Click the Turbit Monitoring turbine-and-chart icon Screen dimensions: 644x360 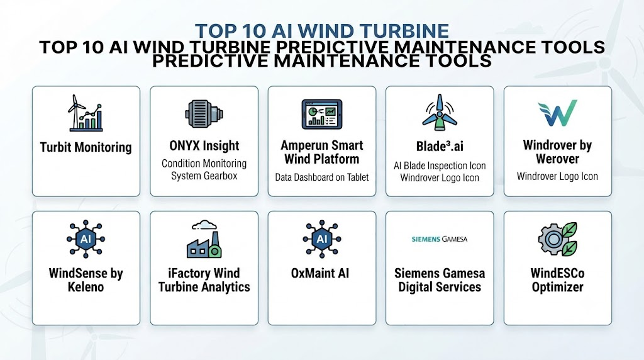[x=86, y=113]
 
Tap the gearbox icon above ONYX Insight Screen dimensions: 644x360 [x=204, y=114]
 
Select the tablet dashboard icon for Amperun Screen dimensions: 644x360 [x=321, y=115]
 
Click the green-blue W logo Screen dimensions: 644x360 [x=557, y=113]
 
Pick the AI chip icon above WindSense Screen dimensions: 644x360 [x=86, y=239]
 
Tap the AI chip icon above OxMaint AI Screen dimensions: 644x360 [x=321, y=239]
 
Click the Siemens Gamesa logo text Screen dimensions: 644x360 [x=440, y=239]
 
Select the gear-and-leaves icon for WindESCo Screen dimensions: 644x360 [x=557, y=239]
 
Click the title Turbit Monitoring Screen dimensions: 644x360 [x=86, y=147]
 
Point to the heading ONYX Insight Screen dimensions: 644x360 [x=204, y=145]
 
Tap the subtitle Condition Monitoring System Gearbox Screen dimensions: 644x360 [x=204, y=169]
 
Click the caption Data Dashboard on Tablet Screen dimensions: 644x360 [x=321, y=177]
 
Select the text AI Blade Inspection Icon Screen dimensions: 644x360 [x=440, y=166]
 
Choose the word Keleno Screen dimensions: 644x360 [x=86, y=287]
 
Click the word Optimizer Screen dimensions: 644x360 [x=557, y=287]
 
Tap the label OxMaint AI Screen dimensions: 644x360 [x=320, y=273]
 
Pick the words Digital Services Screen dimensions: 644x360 [x=440, y=287]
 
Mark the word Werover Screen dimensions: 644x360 [x=557, y=159]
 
